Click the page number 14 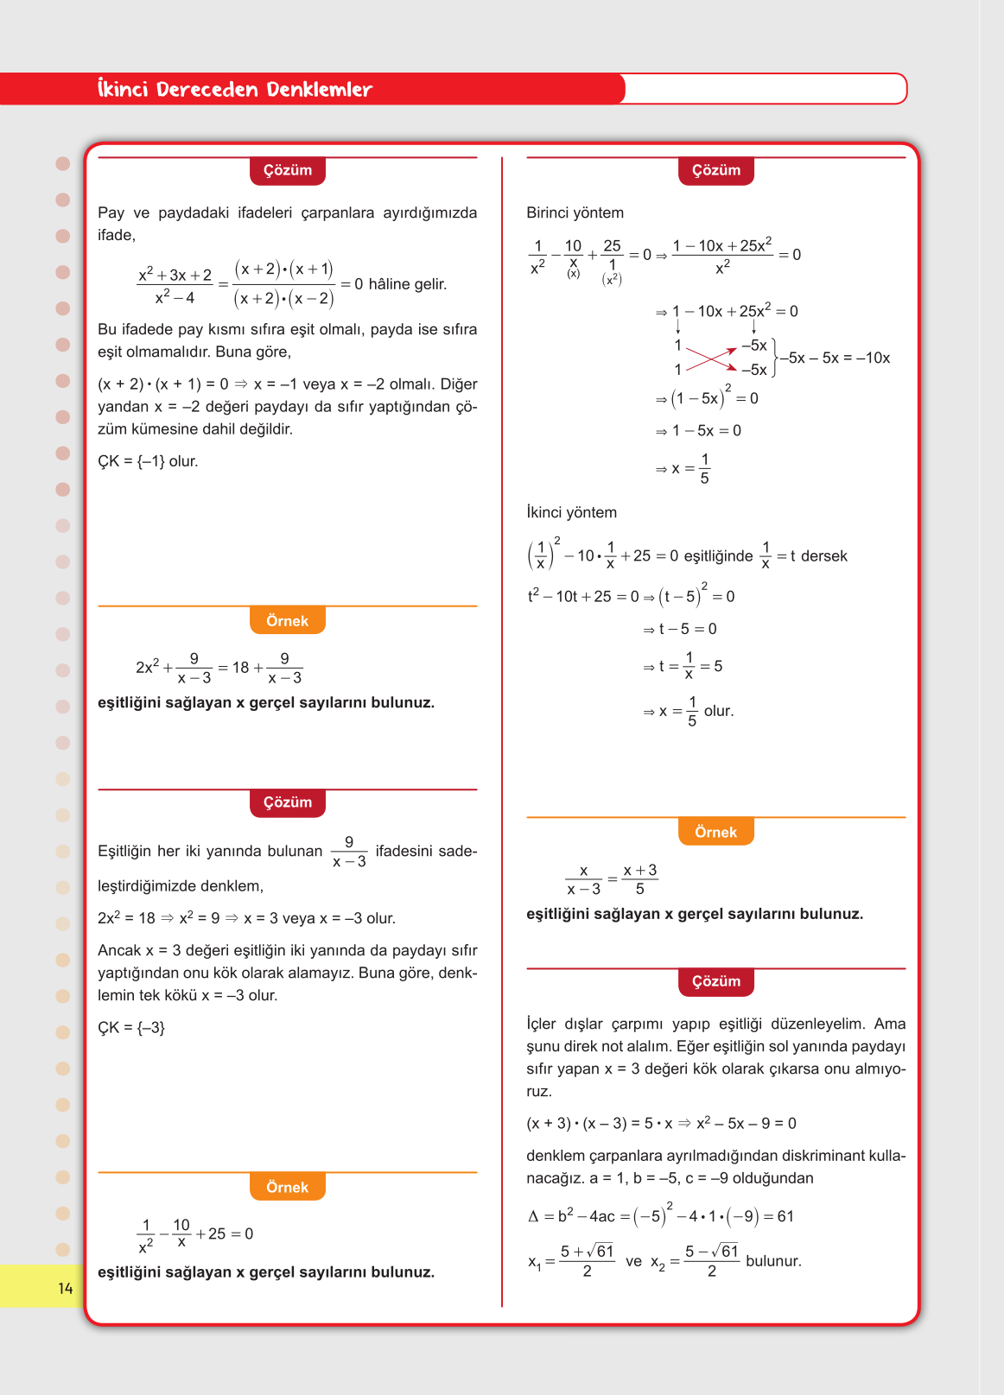(66, 1289)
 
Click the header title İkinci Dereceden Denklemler (234, 89)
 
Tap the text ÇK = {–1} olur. (148, 461)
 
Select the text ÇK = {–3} (130, 1027)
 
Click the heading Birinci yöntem (575, 212)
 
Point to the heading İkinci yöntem (571, 512)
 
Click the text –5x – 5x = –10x (835, 358)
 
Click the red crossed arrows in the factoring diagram (711, 358)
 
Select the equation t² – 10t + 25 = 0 (583, 596)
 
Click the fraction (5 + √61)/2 (587, 1260)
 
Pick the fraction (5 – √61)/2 (711, 1260)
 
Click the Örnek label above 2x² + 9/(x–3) (288, 621)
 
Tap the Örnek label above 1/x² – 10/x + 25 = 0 (288, 1188)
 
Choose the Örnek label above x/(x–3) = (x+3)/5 (716, 832)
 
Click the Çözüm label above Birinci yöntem (716, 170)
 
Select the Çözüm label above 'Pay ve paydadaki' (288, 170)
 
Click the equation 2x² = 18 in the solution (126, 918)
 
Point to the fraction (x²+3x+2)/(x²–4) (175, 285)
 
